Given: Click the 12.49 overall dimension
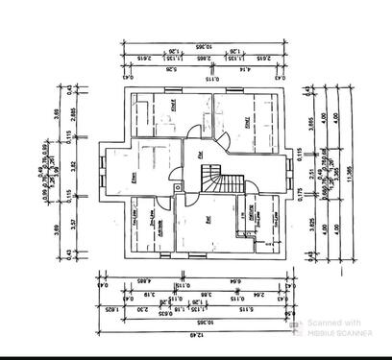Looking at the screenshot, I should (201, 333).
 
